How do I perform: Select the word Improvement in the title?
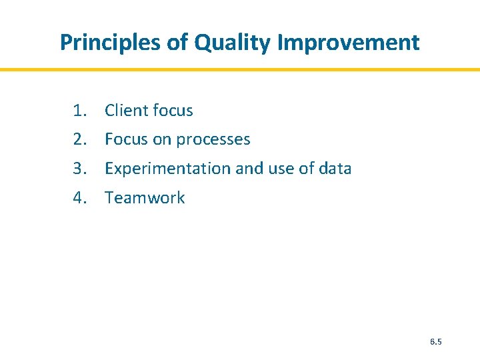tap(348, 43)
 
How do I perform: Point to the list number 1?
tap(80, 111)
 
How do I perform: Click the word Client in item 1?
tap(126, 111)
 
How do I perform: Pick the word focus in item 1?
tap(172, 111)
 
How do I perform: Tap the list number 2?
tap(80, 139)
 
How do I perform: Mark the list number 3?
tap(80, 169)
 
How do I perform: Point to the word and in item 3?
tap(249, 169)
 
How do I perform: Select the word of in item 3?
tap(307, 169)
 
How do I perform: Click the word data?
tap(335, 169)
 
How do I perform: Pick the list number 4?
tap(80, 197)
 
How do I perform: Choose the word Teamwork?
tap(145, 197)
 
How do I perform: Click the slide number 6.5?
tap(436, 342)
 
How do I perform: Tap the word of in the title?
tap(178, 43)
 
